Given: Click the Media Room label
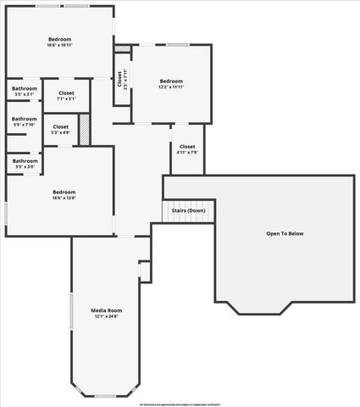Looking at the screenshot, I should (x=108, y=310).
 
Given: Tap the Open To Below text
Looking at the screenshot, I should (x=285, y=233).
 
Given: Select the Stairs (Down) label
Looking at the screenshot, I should (x=188, y=209).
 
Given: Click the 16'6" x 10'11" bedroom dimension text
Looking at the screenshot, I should (x=59, y=45).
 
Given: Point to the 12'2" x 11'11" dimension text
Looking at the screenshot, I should (x=172, y=86).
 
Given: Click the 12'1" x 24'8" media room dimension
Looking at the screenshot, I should (x=108, y=316).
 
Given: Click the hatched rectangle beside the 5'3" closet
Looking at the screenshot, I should (x=84, y=129).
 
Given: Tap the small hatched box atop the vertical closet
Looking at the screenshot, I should (x=124, y=49).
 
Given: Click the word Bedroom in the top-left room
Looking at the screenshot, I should (x=59, y=39).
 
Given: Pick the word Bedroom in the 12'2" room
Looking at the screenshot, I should (x=172, y=81).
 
